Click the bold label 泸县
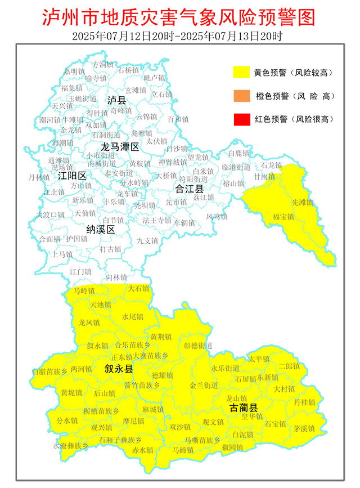(118, 100)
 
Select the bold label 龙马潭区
(119, 147)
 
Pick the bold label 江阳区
(73, 176)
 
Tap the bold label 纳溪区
(101, 230)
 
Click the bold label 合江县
(189, 188)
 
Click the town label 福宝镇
(283, 216)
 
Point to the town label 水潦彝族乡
(71, 446)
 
